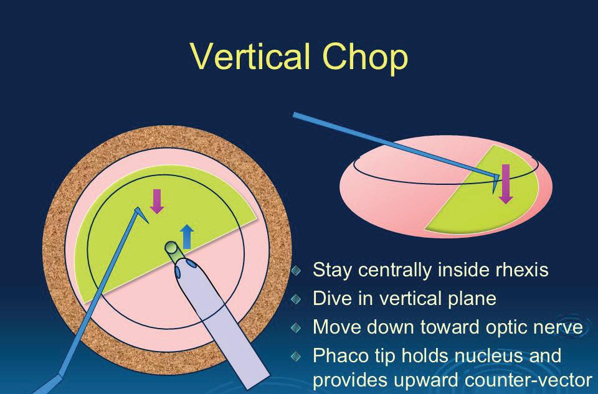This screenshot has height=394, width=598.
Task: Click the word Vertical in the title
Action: (x=250, y=57)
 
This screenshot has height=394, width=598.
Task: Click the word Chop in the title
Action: (x=365, y=59)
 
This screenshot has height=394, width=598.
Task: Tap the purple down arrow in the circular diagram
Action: (x=157, y=201)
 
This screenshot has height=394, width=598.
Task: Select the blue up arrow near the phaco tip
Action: (x=187, y=237)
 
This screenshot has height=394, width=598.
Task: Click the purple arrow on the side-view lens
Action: (x=506, y=184)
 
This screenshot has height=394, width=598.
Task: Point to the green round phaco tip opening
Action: (x=173, y=248)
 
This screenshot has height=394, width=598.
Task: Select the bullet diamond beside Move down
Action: (x=296, y=327)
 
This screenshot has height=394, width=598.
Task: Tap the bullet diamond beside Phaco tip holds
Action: (x=296, y=356)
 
